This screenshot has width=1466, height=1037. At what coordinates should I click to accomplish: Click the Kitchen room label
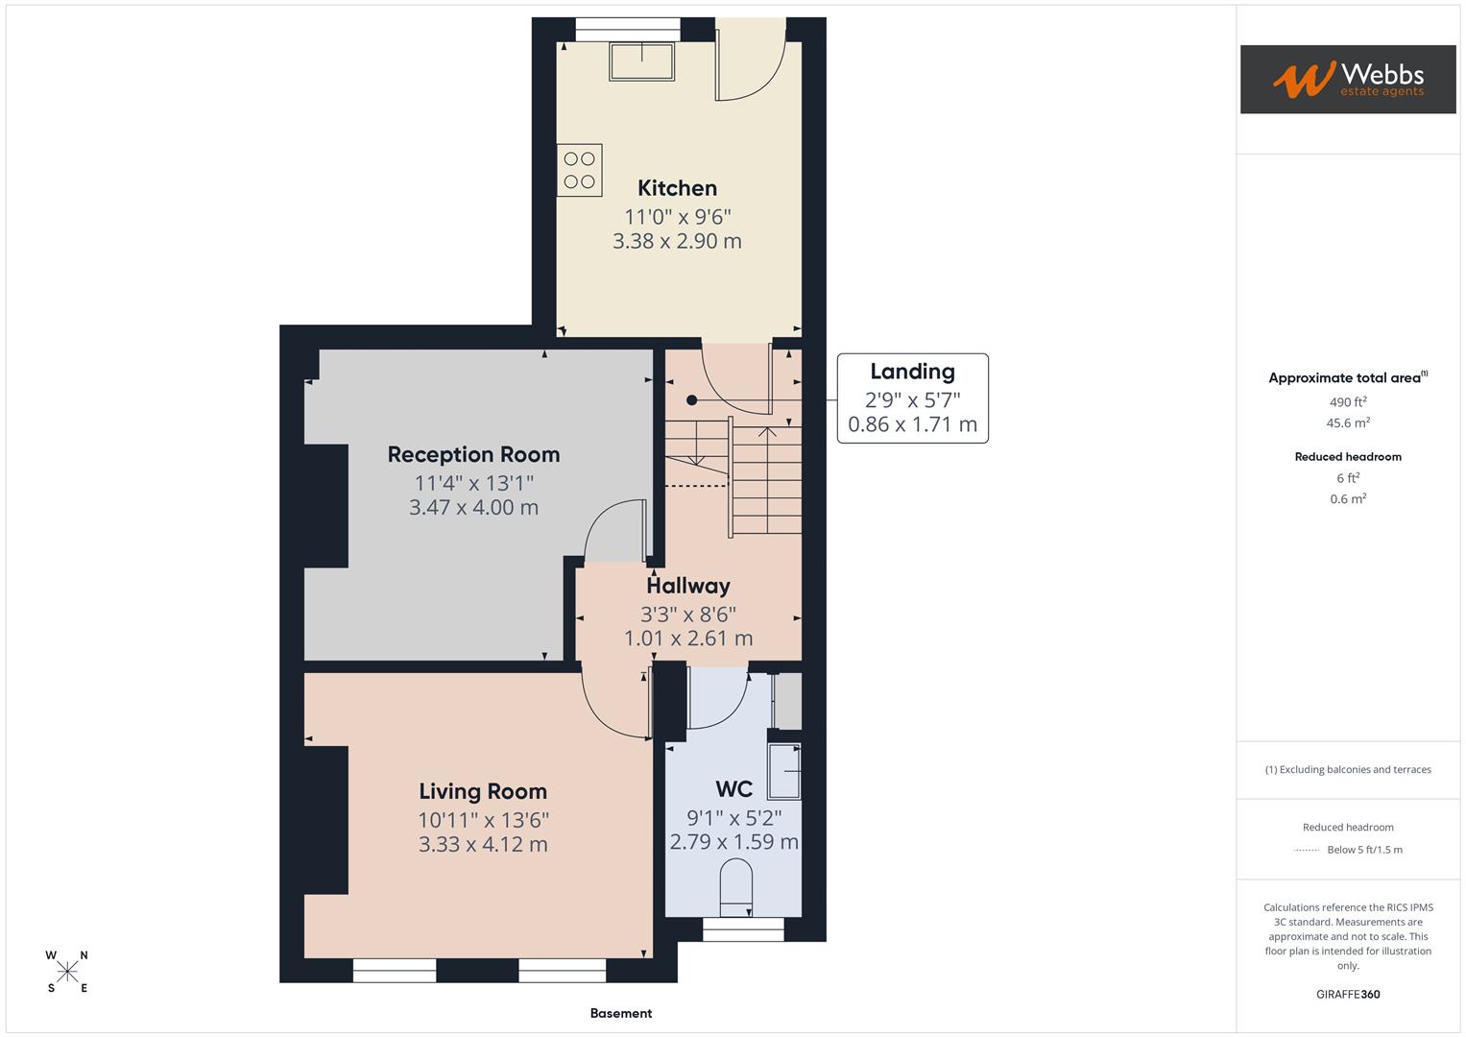coord(677,188)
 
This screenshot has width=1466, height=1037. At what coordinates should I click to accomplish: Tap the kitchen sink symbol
coord(641,61)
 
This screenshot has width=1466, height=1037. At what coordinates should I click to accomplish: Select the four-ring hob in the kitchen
coord(579,170)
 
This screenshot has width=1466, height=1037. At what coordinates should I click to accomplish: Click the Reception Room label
coord(473,454)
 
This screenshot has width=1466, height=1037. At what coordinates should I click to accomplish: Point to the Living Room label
coord(482,791)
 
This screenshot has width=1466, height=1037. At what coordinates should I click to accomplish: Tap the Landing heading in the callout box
coord(912,372)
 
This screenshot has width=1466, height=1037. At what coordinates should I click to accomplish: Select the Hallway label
coord(687,586)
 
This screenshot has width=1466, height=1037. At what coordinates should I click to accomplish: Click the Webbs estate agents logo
coord(1348,80)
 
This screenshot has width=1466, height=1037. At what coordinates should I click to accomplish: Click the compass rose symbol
coord(67,972)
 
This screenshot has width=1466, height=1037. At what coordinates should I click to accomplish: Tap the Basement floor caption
coord(620,1013)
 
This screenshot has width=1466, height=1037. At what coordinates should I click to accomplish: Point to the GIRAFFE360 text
coord(1348,994)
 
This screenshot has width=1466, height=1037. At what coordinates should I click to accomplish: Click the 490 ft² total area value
coord(1348,402)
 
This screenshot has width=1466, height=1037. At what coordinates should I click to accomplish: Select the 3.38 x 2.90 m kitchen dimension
coord(677,241)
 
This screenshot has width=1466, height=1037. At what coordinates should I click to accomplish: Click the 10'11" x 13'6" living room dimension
coord(482,820)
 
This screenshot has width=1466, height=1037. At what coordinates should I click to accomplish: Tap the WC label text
coord(733,789)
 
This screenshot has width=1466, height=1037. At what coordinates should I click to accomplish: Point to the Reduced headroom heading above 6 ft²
coord(1348,457)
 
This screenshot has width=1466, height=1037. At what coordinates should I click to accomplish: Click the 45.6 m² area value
coord(1348,422)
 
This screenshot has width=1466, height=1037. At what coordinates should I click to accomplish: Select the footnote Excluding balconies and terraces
coord(1348,769)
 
